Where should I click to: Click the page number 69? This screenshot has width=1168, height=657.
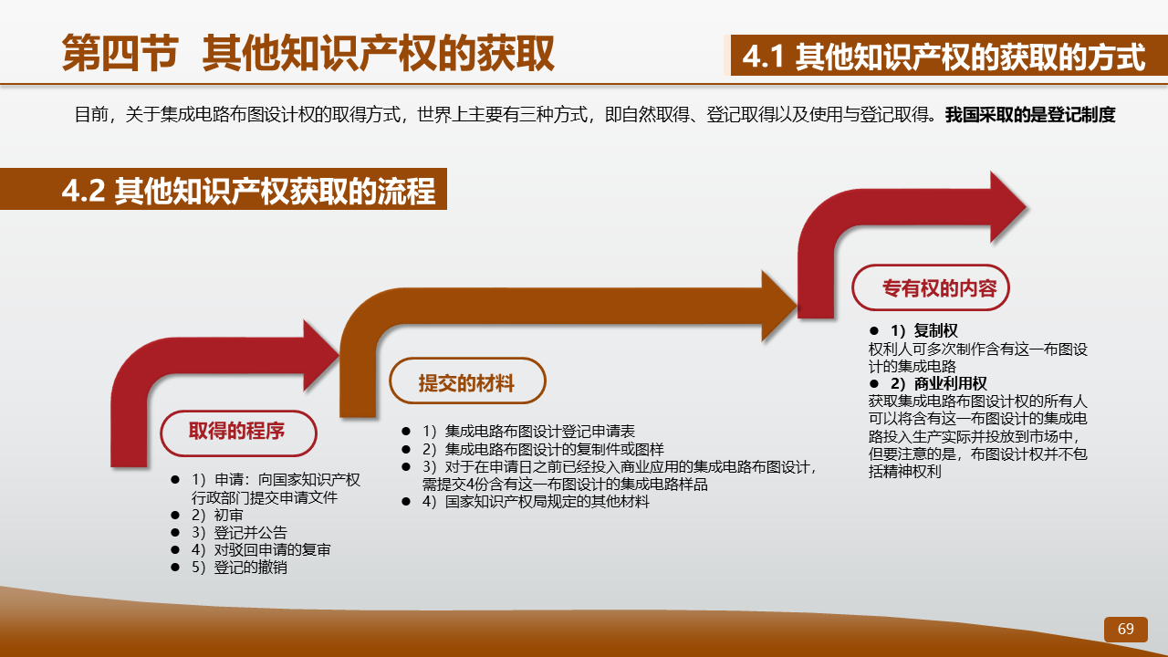(1125, 629)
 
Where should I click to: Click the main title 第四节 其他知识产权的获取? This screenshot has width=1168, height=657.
(308, 53)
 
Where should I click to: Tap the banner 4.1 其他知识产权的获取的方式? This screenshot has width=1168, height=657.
(944, 56)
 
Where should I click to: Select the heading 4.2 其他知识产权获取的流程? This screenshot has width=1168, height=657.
(248, 191)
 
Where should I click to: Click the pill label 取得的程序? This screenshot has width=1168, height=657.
(238, 433)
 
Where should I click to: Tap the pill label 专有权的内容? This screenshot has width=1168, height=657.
(931, 287)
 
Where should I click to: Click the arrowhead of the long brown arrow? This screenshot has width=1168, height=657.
(779, 307)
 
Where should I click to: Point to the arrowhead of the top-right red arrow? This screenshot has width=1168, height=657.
(1008, 207)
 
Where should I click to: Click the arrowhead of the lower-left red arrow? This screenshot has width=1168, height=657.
(321, 356)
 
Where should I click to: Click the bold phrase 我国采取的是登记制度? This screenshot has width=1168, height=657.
(1030, 115)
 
